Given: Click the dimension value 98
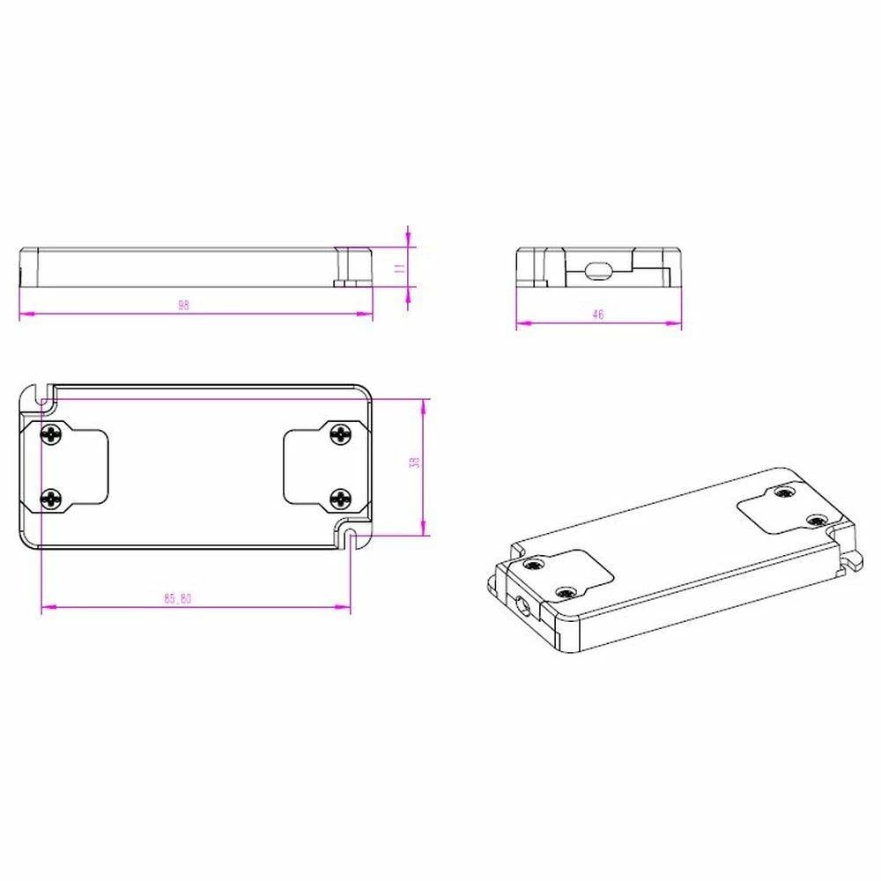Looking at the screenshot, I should pyautogui.click(x=183, y=306).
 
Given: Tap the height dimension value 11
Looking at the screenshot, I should pyautogui.click(x=398, y=270).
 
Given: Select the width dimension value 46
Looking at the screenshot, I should pyautogui.click(x=598, y=315).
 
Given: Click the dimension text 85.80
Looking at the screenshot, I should pyautogui.click(x=177, y=598).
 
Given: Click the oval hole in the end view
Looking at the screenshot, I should pyautogui.click(x=597, y=270).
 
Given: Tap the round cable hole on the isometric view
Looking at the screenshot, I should pyautogui.click(x=524, y=606).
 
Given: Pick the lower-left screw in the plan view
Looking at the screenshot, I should pyautogui.click(x=54, y=500).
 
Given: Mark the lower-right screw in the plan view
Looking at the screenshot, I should pyautogui.click(x=339, y=500).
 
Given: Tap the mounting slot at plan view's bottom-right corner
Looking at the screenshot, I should pyautogui.click(x=352, y=537).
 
